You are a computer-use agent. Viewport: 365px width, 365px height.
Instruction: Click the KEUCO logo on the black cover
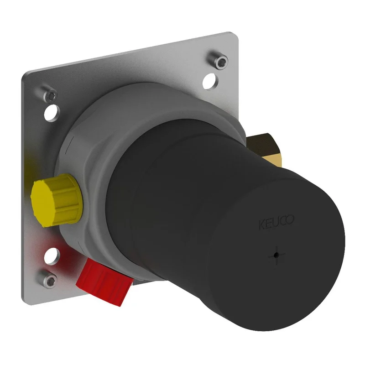click(276, 222)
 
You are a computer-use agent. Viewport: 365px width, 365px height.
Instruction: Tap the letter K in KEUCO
click(262, 225)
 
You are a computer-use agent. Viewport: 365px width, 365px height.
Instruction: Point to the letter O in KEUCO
click(290, 219)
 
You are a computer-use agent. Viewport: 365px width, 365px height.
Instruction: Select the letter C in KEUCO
click(283, 221)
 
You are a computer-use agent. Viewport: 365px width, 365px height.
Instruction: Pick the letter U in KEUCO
click(276, 223)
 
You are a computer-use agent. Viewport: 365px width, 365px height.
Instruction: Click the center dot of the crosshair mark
click(276, 255)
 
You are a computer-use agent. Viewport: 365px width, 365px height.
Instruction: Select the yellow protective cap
click(57, 201)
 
